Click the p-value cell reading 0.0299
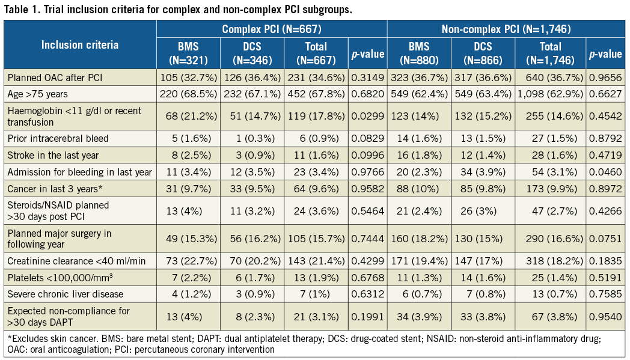367,117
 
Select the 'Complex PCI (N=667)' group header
272,28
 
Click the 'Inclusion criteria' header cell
80,44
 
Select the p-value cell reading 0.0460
605,172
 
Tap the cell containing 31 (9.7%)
188,189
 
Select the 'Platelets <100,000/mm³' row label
55,278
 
